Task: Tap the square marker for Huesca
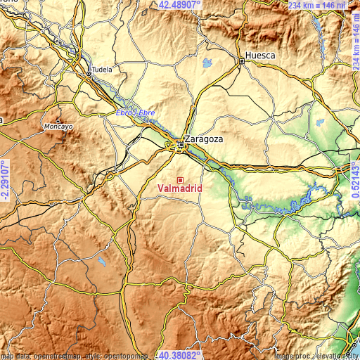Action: [241, 61]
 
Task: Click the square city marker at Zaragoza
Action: [180, 146]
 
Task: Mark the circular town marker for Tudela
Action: [88, 72]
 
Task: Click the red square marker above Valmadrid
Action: [180, 180]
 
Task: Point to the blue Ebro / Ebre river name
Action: [135, 112]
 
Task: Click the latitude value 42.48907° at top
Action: [179, 5]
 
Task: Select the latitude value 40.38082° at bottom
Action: [179, 354]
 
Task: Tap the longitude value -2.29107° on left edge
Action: [5, 180]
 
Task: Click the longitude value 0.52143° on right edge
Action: [354, 180]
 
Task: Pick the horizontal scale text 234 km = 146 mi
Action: [317, 5]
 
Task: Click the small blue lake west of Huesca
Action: [207, 65]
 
